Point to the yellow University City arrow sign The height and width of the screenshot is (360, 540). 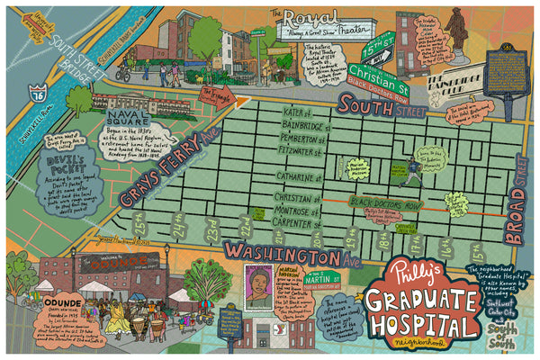(24, 21)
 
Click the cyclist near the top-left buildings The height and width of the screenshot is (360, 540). (123, 70)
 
